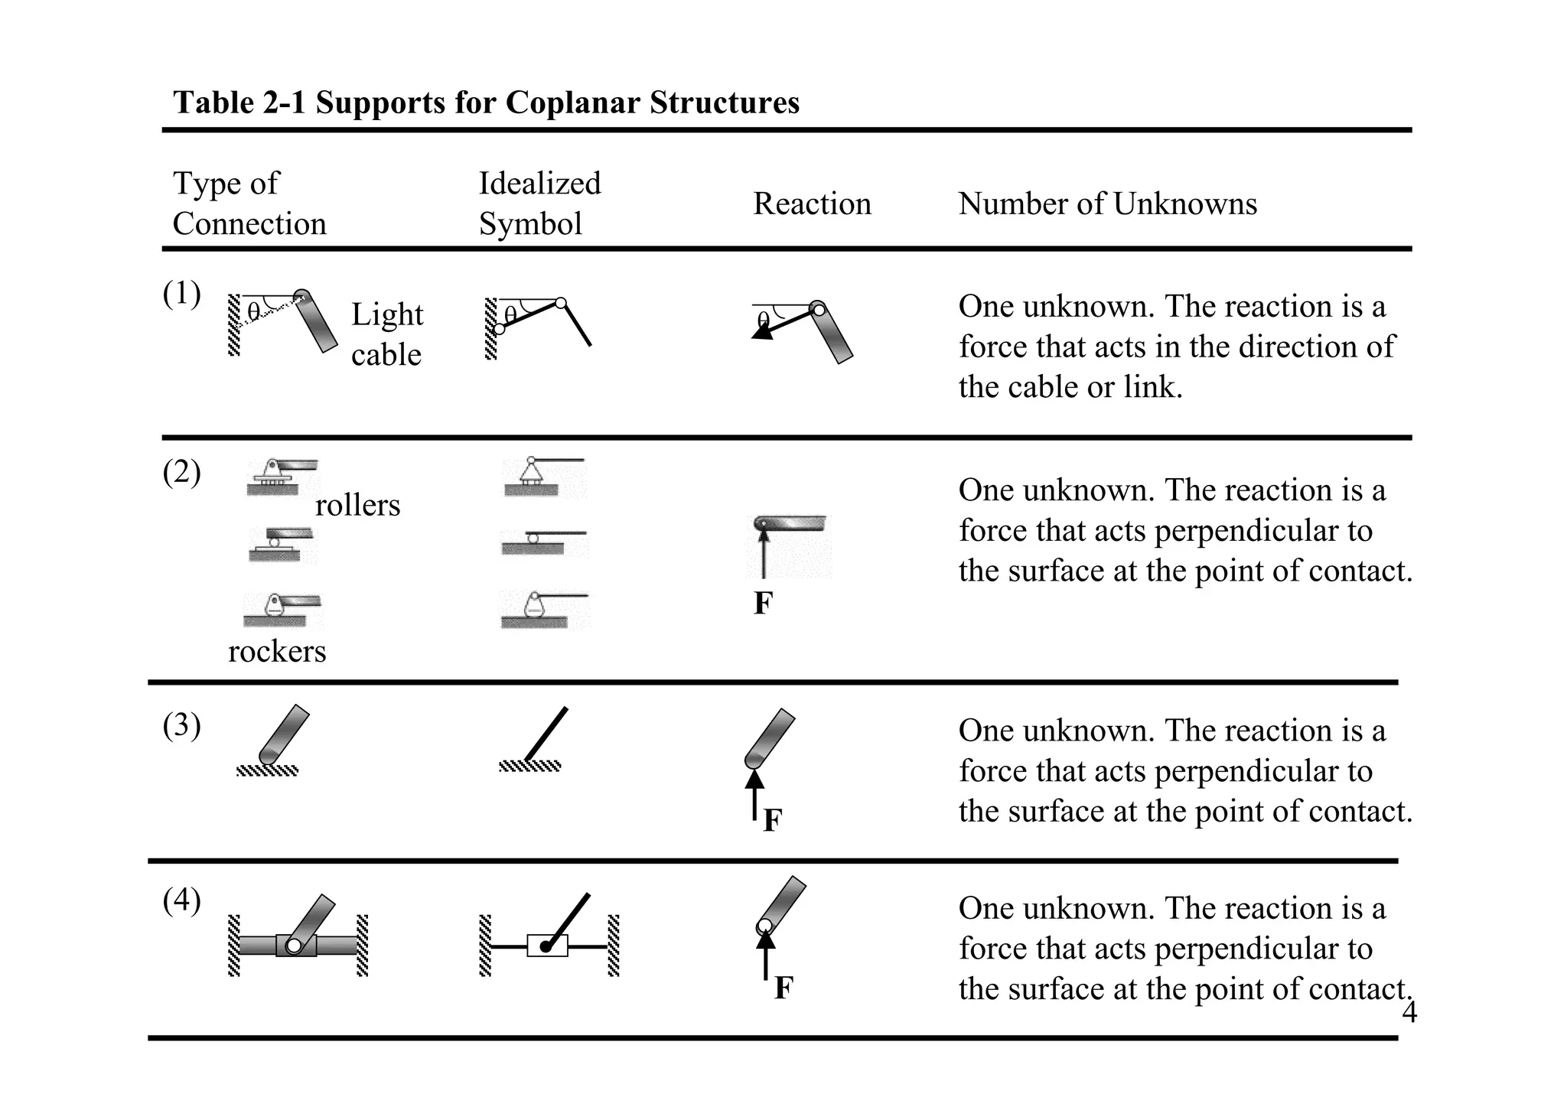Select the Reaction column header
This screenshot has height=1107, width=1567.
[812, 204]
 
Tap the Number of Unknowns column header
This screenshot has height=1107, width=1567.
[1107, 204]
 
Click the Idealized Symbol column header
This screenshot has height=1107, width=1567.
[539, 203]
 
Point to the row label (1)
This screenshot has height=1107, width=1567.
[181, 294]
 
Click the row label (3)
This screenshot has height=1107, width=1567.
[181, 725]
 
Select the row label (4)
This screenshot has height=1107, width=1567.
[181, 901]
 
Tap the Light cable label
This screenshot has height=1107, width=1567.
[386, 334]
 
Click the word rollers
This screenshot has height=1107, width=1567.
[357, 506]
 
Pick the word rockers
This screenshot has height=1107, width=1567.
[277, 652]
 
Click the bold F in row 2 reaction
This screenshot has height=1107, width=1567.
[763, 604]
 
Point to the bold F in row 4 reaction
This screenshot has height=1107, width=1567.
[783, 988]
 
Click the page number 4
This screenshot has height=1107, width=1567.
[1409, 1013]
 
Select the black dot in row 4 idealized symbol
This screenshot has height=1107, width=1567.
[546, 947]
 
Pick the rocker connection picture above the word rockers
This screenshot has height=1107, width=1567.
[281, 610]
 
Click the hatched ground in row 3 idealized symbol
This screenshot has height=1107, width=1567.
[529, 766]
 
